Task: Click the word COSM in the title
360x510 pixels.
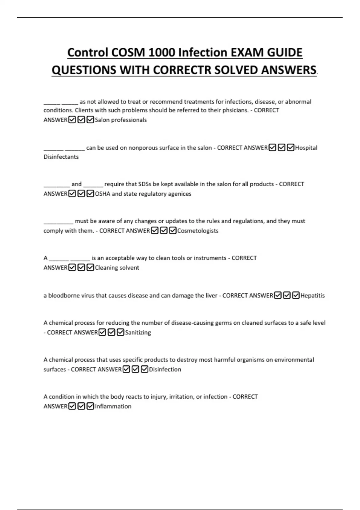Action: click(128, 53)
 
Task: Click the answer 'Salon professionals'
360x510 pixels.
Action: click(121, 120)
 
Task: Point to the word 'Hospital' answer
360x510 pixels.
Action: click(306, 148)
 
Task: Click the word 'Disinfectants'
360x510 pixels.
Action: click(61, 157)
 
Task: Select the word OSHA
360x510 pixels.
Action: click(103, 194)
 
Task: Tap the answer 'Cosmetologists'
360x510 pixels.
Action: click(198, 231)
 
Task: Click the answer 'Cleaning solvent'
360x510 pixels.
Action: click(117, 268)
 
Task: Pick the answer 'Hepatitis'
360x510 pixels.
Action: click(313, 295)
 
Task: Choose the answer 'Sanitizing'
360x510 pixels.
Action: click(138, 332)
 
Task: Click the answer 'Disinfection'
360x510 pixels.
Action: click(165, 369)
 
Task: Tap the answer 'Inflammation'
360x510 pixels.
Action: click(113, 406)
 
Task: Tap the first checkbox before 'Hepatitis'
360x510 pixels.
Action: click(278, 295)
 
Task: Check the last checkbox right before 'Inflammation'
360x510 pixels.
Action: click(90, 406)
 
